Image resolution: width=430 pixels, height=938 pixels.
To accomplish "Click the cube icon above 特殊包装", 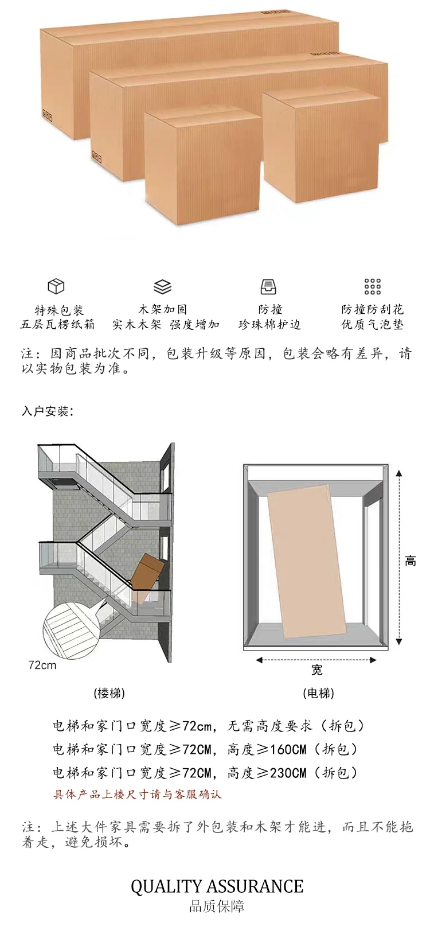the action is pyautogui.click(x=56, y=286).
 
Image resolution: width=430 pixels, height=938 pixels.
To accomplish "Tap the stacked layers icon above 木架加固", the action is pyautogui.click(x=163, y=286).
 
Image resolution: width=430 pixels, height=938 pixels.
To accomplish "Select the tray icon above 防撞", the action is pyautogui.click(x=268, y=286).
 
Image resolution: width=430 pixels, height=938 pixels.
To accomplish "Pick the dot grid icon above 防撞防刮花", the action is pyautogui.click(x=373, y=286).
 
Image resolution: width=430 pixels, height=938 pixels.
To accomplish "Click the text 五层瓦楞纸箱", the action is pyautogui.click(x=57, y=325).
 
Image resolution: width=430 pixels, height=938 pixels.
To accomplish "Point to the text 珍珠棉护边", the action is pyautogui.click(x=269, y=325).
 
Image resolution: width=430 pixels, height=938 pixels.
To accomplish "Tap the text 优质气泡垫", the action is pyautogui.click(x=373, y=325).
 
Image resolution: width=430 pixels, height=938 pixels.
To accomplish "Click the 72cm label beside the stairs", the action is pyautogui.click(x=42, y=665).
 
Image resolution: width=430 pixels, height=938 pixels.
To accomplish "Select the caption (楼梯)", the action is pyautogui.click(x=109, y=693).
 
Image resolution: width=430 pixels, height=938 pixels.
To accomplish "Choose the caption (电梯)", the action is pyautogui.click(x=318, y=693).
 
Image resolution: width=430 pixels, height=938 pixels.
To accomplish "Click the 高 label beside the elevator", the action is pyautogui.click(x=411, y=561).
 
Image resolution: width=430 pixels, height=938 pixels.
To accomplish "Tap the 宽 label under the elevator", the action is pyautogui.click(x=317, y=670).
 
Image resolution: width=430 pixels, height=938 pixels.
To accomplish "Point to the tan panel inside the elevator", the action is pyautogui.click(x=307, y=559).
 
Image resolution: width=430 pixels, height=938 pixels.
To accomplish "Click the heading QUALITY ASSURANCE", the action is pyautogui.click(x=217, y=886).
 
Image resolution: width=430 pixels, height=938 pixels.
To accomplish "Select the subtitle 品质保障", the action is pyautogui.click(x=217, y=907).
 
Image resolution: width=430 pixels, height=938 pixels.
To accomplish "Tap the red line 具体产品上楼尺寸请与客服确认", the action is pyautogui.click(x=138, y=795).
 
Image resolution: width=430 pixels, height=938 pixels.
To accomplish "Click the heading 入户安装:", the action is pyautogui.click(x=48, y=411).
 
